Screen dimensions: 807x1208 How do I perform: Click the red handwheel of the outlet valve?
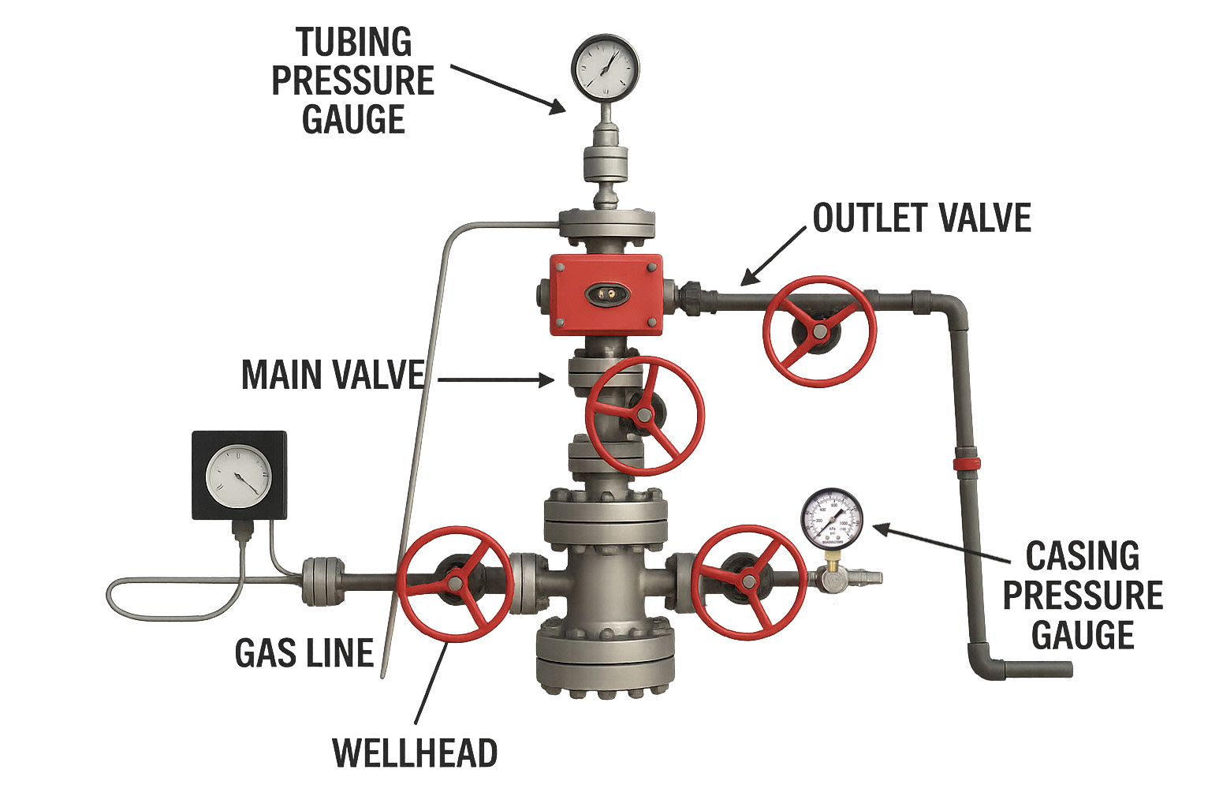pos(819,331)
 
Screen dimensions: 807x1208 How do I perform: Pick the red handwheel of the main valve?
pos(644,415)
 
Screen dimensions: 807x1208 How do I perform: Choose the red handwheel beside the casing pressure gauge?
pos(748,582)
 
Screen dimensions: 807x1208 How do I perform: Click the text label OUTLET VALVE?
pos(922,219)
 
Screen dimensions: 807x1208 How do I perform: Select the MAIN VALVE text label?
pos(333,375)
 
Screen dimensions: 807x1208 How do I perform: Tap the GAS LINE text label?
pos(304,653)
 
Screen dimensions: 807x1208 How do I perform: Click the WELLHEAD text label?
pos(415,753)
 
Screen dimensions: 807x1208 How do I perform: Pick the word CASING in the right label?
pos(1082,557)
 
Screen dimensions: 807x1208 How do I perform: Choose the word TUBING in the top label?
pos(354,42)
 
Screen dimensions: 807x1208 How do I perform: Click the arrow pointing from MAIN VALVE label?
pos(496,380)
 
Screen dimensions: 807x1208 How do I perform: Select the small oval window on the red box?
pos(607,293)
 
